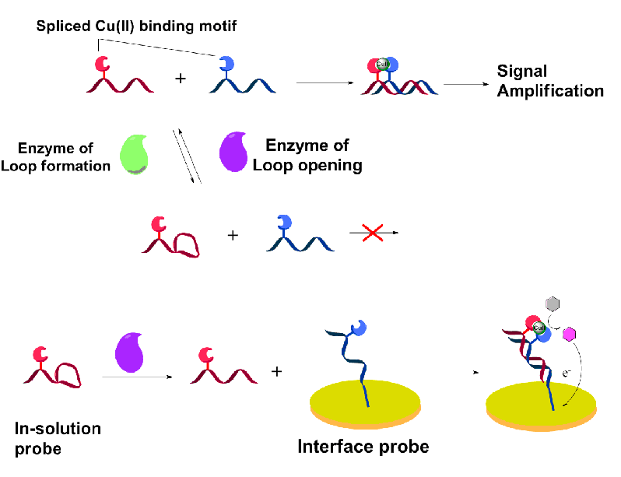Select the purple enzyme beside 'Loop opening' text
pos(235,149)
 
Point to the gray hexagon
pos(553,303)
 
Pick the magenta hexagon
pos(569,333)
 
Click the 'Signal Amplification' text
pos(550,82)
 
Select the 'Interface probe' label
pos(363,447)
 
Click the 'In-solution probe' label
pos(58,438)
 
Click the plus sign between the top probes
pos(181,78)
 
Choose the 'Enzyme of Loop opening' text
pos(307,155)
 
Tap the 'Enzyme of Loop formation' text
pos(65,156)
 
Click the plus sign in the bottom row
pos(276,371)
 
